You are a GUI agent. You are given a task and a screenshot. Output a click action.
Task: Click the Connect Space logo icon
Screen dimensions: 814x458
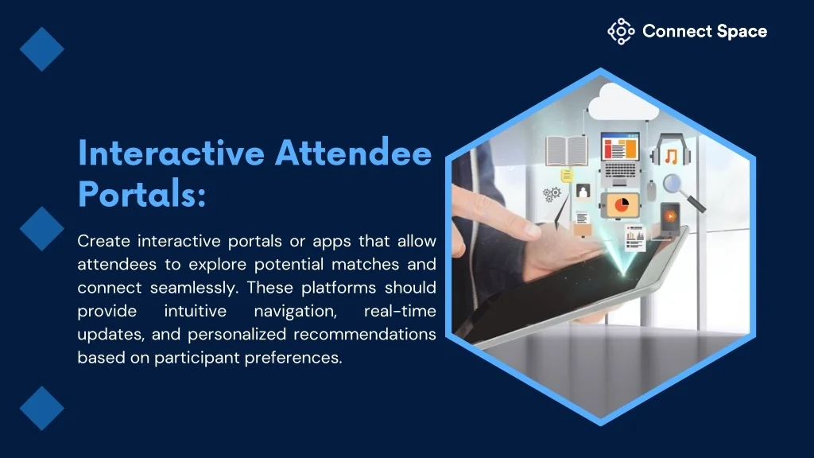pyautogui.click(x=621, y=31)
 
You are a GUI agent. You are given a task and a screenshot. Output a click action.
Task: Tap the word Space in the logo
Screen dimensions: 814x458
pyautogui.click(x=742, y=32)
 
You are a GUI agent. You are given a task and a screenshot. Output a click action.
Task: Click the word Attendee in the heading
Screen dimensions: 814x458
pyautogui.click(x=354, y=153)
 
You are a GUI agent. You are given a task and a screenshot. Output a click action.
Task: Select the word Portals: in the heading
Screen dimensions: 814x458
pyautogui.click(x=141, y=193)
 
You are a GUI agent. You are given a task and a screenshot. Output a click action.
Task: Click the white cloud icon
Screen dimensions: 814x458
pyautogui.click(x=623, y=101)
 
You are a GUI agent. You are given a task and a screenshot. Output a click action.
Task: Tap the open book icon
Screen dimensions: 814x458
pyautogui.click(x=566, y=150)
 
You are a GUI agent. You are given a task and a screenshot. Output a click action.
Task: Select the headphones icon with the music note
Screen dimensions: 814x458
pyautogui.click(x=671, y=151)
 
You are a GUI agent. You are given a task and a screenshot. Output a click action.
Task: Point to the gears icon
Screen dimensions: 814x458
pyautogui.click(x=552, y=195)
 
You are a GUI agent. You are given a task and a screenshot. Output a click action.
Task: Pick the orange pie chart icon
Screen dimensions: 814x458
pyautogui.click(x=621, y=205)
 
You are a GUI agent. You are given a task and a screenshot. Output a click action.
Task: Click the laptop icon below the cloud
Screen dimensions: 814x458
pyautogui.click(x=620, y=159)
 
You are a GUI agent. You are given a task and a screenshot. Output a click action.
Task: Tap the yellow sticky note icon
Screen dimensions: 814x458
pyautogui.click(x=566, y=176)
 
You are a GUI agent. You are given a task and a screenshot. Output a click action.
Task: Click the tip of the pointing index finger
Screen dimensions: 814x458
pyautogui.click(x=538, y=233)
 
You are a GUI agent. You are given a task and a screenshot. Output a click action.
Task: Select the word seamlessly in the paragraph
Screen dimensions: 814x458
pyautogui.click(x=194, y=288)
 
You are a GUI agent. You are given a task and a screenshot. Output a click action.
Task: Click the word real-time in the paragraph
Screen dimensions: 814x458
pyautogui.click(x=400, y=311)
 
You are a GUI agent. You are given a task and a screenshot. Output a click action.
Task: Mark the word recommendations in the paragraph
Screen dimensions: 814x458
pyautogui.click(x=364, y=334)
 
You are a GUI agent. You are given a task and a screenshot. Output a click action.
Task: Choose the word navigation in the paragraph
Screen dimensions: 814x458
pyautogui.click(x=296, y=312)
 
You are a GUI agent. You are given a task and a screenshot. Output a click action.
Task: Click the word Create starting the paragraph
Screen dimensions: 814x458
pyautogui.click(x=104, y=241)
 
